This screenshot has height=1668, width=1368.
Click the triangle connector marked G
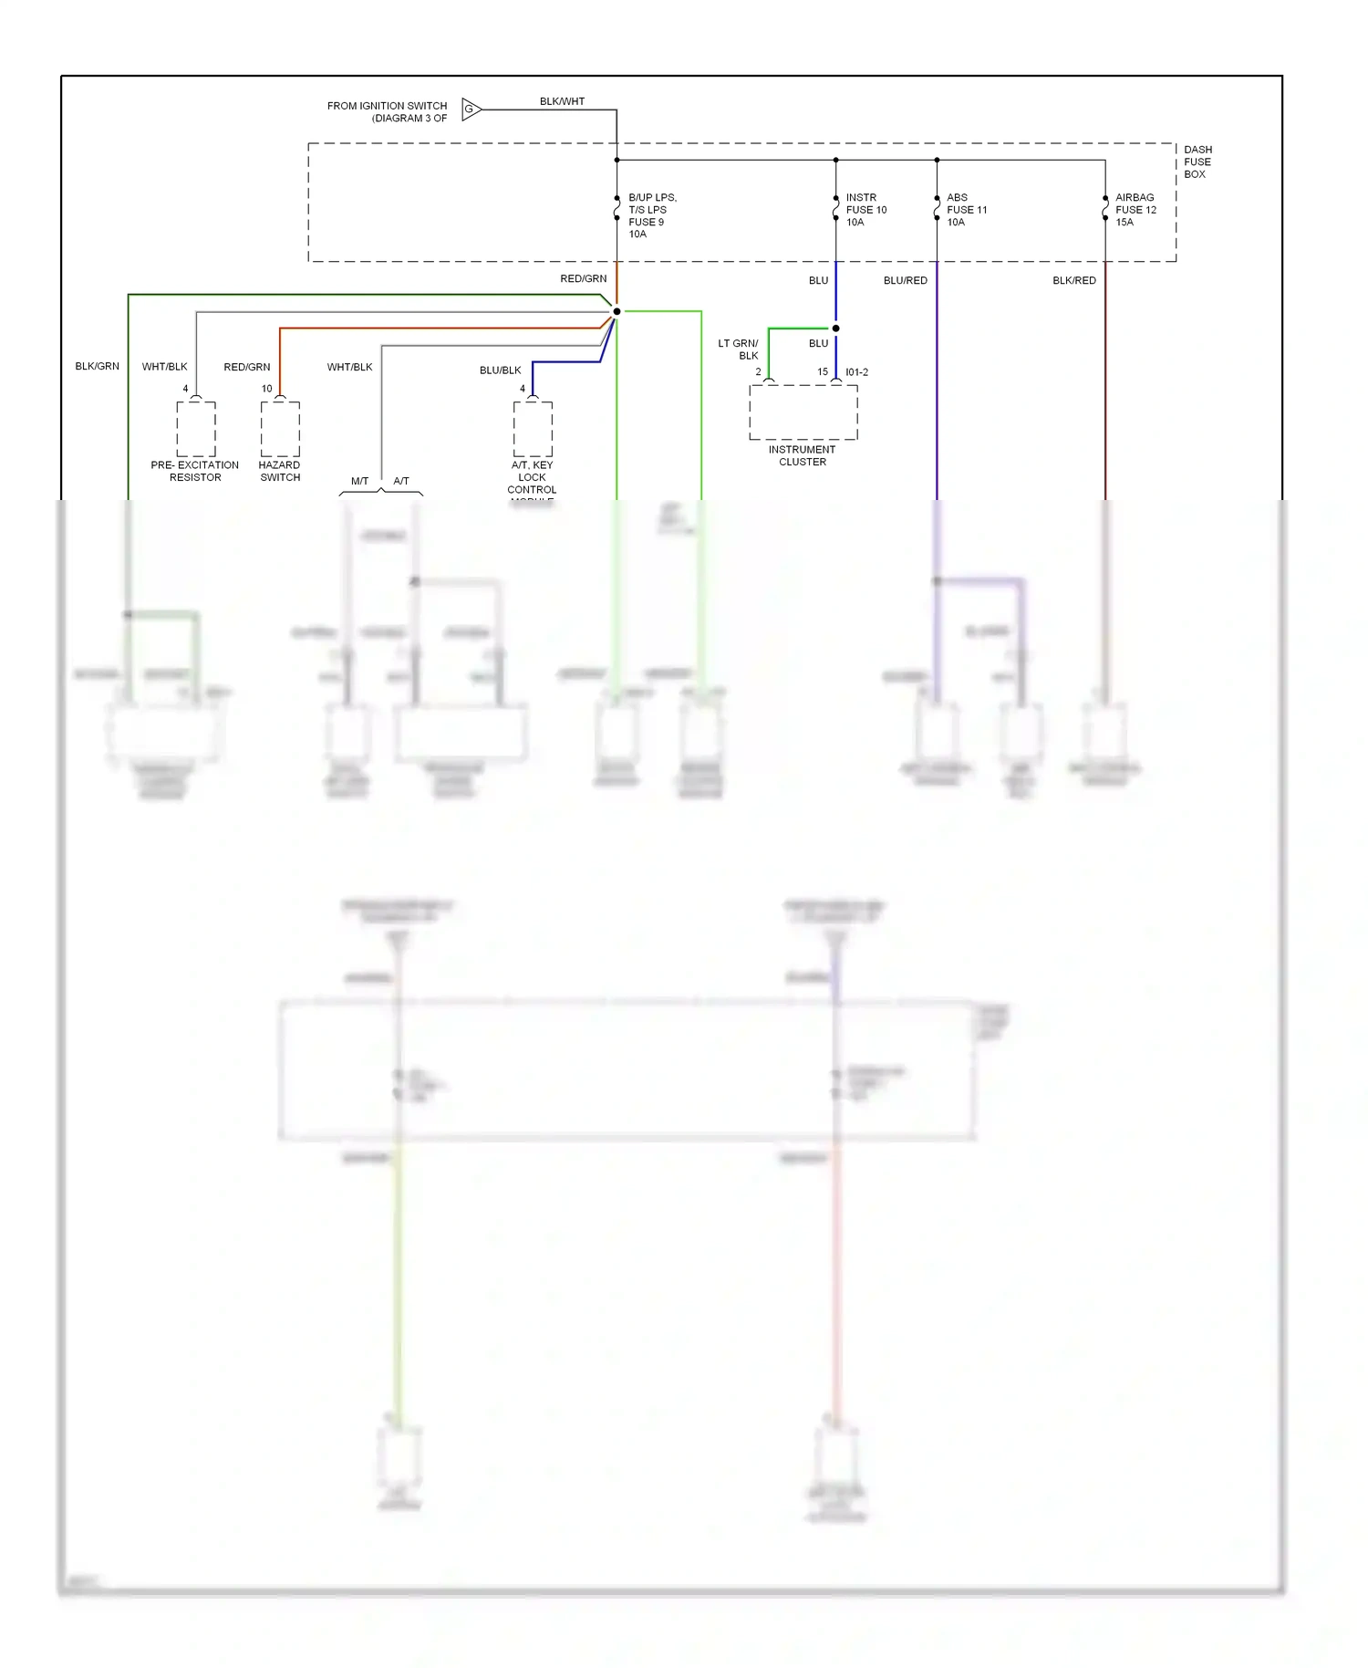coord(471,109)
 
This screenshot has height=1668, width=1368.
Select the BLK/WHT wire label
coord(562,101)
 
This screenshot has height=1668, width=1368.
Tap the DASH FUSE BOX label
coord(1197,162)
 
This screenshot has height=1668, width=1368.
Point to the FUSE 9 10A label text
coord(647,228)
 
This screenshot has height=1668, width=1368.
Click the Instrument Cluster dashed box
coord(803,412)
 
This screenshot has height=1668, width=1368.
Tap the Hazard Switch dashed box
coord(280,429)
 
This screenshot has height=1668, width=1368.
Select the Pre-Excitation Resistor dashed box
coord(196,429)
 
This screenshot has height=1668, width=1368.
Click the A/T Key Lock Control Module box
coord(533,429)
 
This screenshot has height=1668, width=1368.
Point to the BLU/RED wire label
coord(905,280)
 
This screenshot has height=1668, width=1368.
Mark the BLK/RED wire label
coord(1074,280)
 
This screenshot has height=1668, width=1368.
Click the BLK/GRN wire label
coord(97,366)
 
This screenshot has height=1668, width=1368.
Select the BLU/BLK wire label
coord(500,370)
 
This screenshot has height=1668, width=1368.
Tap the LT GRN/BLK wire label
coord(739,349)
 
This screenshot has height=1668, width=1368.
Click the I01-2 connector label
coord(857,372)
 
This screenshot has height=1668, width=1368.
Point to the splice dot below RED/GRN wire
coord(617,311)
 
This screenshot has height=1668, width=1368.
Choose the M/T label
coord(359,481)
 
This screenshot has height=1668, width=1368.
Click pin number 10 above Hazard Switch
coord(266,389)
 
